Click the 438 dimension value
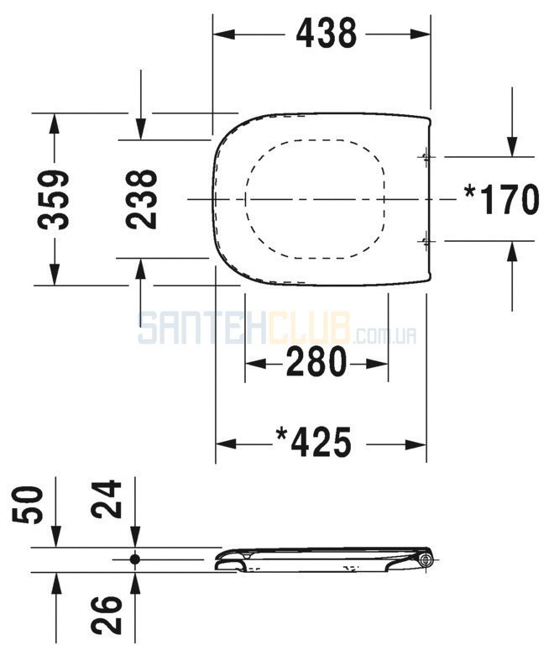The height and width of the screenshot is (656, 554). pos(327,33)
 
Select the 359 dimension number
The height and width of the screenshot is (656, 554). pos(53,200)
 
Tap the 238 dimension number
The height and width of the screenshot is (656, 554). pos(141,199)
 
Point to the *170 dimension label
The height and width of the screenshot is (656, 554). pos(501,199)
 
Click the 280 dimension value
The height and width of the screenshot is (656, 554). pos(316,361)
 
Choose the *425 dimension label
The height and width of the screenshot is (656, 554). pos(314,442)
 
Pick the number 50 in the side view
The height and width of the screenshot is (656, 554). pos(29,505)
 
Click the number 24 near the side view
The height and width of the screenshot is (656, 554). pos(107,499)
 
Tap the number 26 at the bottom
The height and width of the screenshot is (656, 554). pos(107,614)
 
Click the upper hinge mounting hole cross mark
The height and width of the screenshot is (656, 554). pos(426,157)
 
